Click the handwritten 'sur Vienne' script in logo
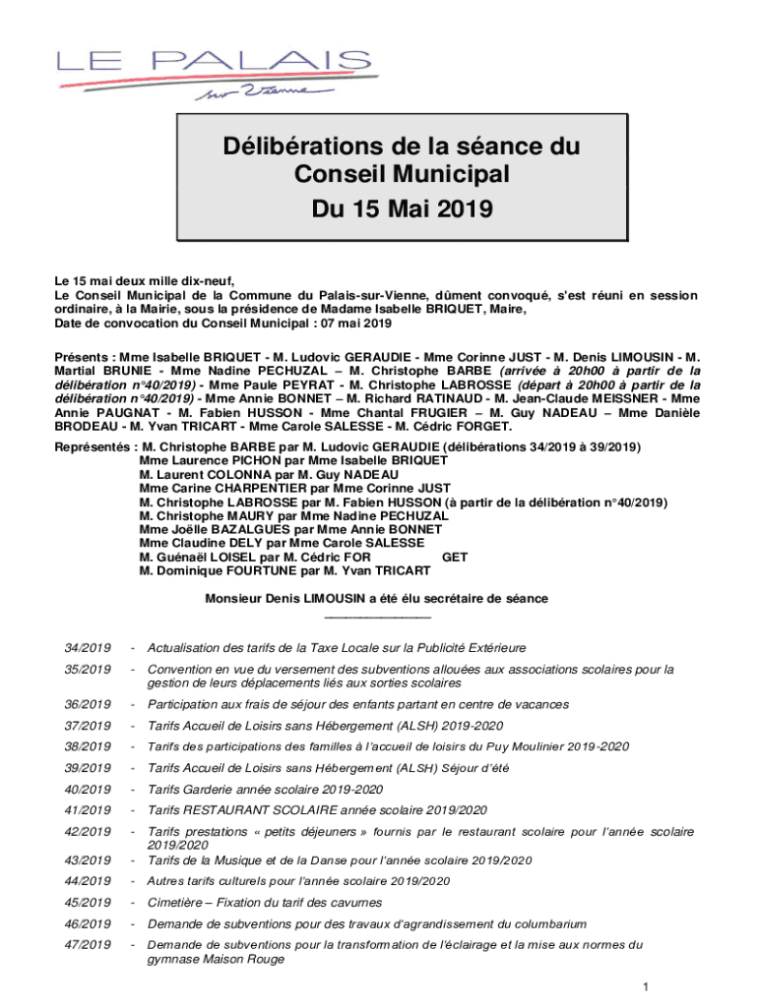pyautogui.click(x=265, y=93)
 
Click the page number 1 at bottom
pyautogui.click(x=644, y=986)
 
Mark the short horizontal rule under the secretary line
pyautogui.click(x=377, y=617)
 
